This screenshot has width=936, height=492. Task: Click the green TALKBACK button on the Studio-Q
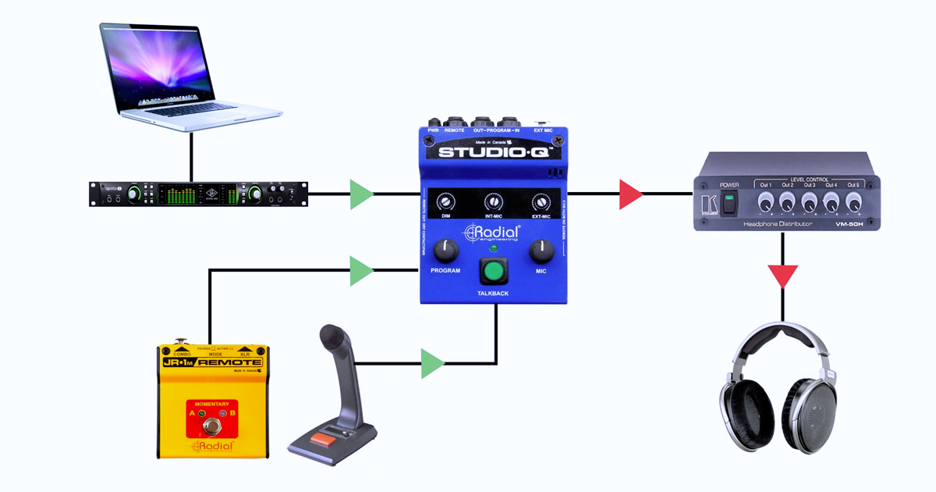pyautogui.click(x=492, y=272)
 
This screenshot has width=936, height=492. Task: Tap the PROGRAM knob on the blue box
pyautogui.click(x=445, y=250)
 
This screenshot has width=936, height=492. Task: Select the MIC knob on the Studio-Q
pyautogui.click(x=541, y=251)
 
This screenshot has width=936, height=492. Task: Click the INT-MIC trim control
pyautogui.click(x=492, y=201)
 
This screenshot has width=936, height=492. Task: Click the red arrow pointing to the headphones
pyautogui.click(x=782, y=275)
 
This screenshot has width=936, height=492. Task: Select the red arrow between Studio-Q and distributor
pyautogui.click(x=629, y=194)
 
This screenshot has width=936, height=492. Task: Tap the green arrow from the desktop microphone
pyautogui.click(x=431, y=363)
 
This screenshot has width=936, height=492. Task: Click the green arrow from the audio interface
pyautogui.click(x=360, y=194)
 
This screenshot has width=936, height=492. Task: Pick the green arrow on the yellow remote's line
pyautogui.click(x=360, y=271)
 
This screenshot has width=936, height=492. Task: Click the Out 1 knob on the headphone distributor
pyautogui.click(x=764, y=203)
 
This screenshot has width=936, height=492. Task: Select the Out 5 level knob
pyautogui.click(x=853, y=203)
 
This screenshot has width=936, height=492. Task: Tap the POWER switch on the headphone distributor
pyautogui.click(x=729, y=203)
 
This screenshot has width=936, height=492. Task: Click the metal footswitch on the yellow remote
pyautogui.click(x=209, y=426)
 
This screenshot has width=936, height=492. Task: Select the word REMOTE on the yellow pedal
pyautogui.click(x=231, y=362)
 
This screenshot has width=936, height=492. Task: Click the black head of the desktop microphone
pyautogui.click(x=332, y=339)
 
